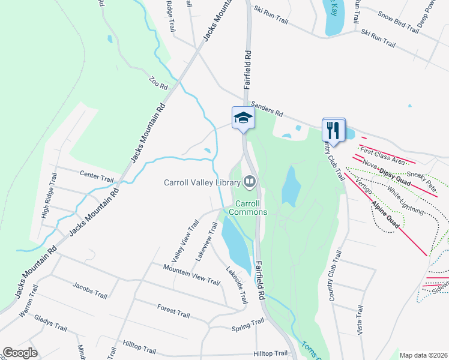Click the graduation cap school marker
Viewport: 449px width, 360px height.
pyautogui.click(x=243, y=117)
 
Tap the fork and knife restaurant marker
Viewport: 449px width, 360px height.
pyautogui.click(x=333, y=129)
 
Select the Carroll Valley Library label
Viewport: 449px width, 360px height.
pyautogui.click(x=202, y=182)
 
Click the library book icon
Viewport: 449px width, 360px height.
pyautogui.click(x=249, y=181)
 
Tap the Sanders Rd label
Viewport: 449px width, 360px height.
pyautogui.click(x=267, y=108)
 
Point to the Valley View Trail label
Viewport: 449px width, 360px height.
pyautogui.click(x=185, y=241)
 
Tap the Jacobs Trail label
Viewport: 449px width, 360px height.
pyautogui.click(x=90, y=291)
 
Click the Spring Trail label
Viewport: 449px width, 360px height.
pyautogui.click(x=248, y=325)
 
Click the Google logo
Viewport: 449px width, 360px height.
pyautogui.click(x=20, y=353)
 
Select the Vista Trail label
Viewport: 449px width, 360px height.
pyautogui.click(x=360, y=320)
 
